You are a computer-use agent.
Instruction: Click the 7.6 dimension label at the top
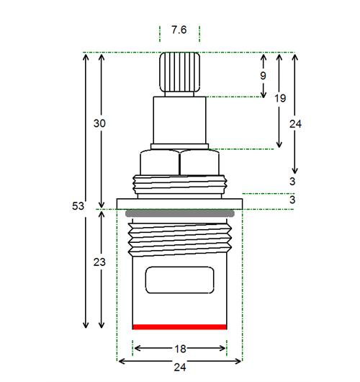click(x=179, y=30)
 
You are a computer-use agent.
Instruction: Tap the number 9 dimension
click(x=263, y=76)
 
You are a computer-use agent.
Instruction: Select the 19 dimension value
click(x=280, y=99)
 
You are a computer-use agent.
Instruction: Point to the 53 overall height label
click(x=78, y=206)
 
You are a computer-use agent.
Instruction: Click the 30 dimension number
click(x=99, y=123)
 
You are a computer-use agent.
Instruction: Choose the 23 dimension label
click(x=99, y=262)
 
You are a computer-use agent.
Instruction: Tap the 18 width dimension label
click(x=180, y=349)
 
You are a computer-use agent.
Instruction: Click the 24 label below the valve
click(x=180, y=367)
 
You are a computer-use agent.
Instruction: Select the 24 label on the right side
click(x=295, y=124)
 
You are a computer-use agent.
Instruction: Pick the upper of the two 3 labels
click(x=292, y=182)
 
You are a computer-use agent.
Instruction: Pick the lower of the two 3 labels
click(x=292, y=200)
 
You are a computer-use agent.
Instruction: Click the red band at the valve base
click(x=179, y=327)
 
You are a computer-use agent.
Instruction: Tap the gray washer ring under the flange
click(x=180, y=213)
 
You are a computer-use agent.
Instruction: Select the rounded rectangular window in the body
click(x=179, y=280)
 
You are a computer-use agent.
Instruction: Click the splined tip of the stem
click(x=179, y=72)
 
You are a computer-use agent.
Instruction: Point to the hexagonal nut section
click(x=179, y=162)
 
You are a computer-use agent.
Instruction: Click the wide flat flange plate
click(x=179, y=204)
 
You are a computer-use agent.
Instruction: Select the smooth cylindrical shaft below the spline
click(x=179, y=120)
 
